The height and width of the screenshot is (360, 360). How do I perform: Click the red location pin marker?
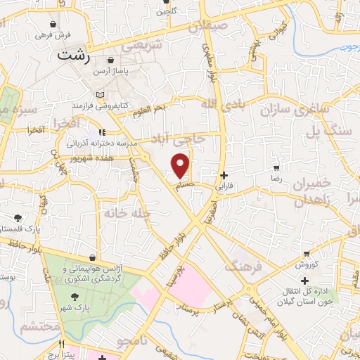pyautogui.click(x=181, y=165)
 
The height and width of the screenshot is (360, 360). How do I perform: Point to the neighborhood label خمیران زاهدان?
pyautogui.click(x=302, y=191)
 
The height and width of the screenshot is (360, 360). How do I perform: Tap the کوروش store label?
pyautogui.click(x=307, y=264)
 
